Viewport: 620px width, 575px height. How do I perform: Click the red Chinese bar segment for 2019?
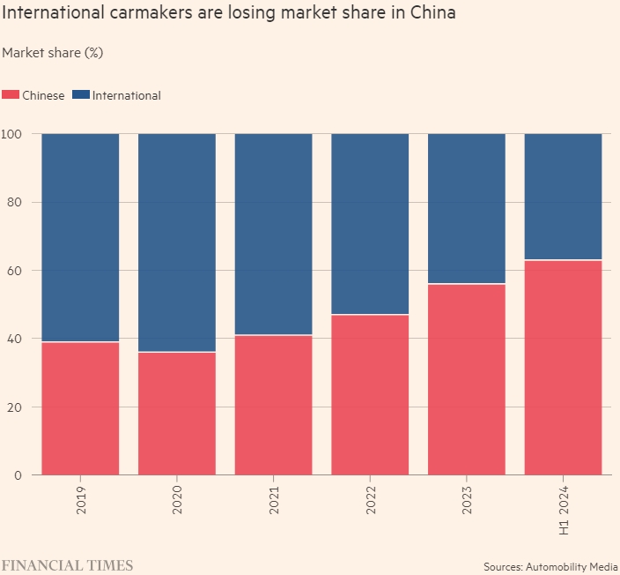coord(80,408)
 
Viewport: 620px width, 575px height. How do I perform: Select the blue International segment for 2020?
coord(177,243)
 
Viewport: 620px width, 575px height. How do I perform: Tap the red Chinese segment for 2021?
coord(273,405)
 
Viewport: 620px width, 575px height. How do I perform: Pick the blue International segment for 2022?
coord(370,224)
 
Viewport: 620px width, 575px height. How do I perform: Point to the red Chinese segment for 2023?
coord(467,379)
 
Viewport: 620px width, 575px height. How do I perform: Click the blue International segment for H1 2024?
coord(563,197)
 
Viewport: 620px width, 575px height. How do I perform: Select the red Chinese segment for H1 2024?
coord(563,368)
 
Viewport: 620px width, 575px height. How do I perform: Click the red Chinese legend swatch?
coord(11,95)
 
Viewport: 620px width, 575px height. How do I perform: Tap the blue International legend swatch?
coord(80,95)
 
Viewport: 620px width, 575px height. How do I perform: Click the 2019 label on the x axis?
coord(81,499)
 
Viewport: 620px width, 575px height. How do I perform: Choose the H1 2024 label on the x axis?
coord(564,510)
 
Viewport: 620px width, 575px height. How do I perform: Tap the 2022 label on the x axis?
coord(370,499)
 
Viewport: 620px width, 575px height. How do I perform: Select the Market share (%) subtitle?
coord(53,53)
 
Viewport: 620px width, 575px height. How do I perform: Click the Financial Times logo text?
coord(67,564)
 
